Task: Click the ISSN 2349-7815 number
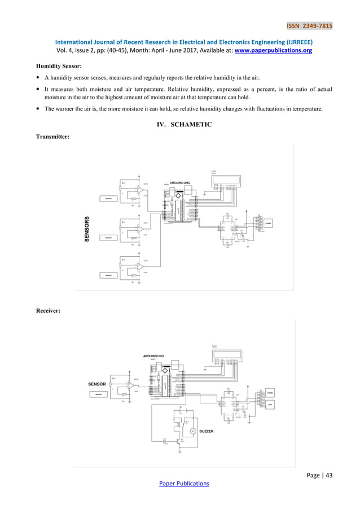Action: pos(309,26)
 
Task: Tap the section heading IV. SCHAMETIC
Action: pos(180,124)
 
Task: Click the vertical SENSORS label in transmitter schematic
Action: pos(87,229)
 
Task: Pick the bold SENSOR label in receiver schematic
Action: pos(98,384)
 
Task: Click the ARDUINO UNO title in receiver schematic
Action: pos(153,356)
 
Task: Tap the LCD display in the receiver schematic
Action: pos(226,356)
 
